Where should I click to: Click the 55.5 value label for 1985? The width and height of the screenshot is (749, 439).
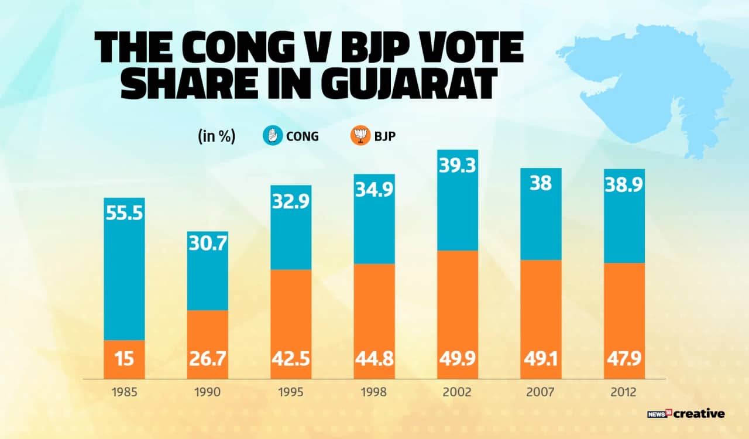pos(124,213)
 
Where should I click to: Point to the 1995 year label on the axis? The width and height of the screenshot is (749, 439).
pos(291,392)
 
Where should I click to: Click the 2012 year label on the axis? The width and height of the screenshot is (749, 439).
pos(624,392)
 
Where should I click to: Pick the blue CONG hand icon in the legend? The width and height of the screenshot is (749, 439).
pos(272,137)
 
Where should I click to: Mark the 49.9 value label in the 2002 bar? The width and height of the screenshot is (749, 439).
pos(457,357)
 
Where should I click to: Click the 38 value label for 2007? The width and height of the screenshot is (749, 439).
pos(540,184)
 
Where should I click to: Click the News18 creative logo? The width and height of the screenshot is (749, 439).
pos(686,414)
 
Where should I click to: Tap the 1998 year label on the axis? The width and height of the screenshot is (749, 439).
pos(374,392)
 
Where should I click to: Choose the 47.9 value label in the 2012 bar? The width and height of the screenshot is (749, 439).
pos(624,357)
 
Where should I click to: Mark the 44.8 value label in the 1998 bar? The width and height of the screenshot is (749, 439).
pos(374,357)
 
